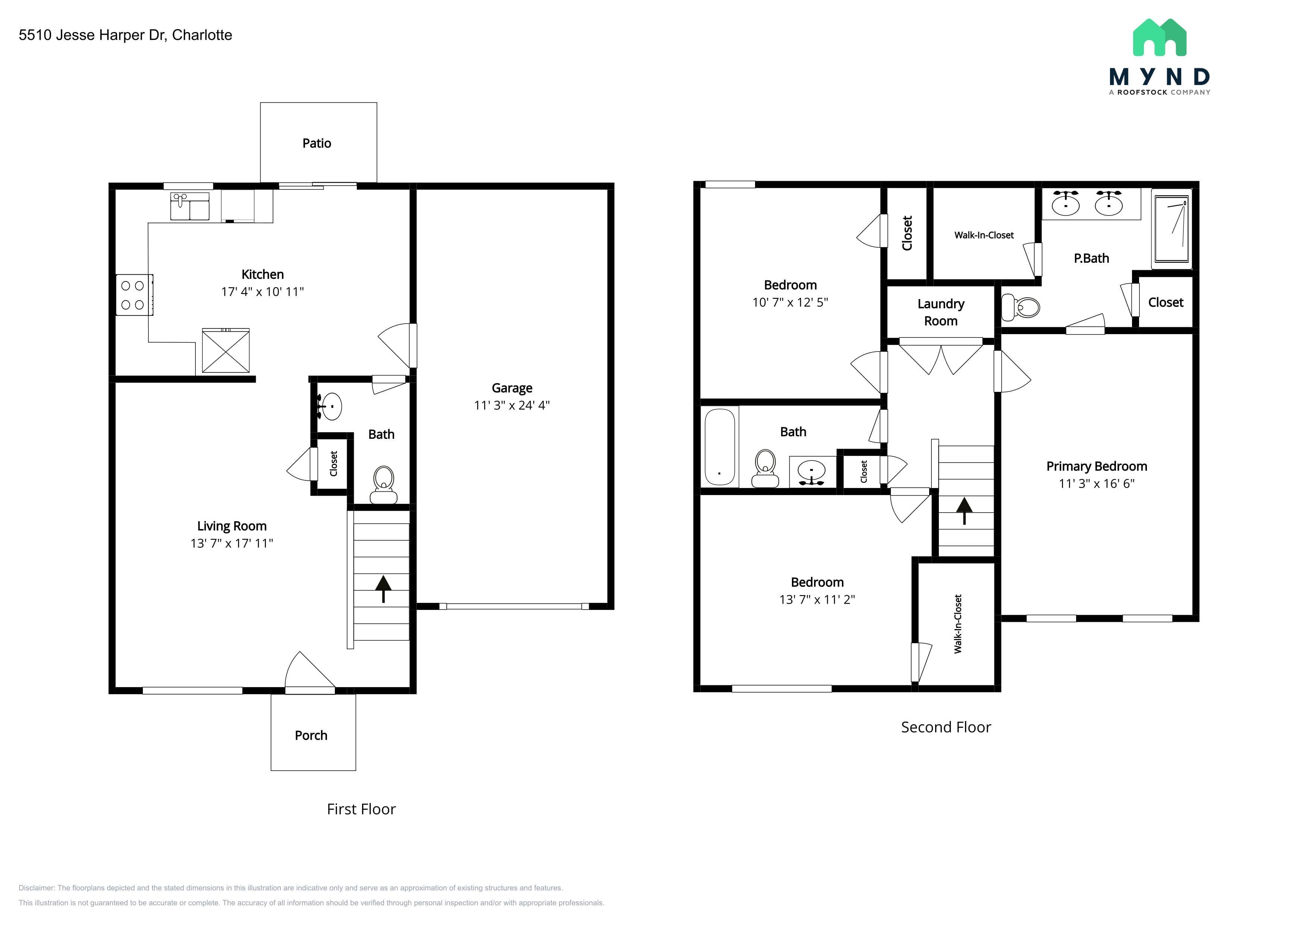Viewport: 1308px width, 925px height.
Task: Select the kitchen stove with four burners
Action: (x=135, y=295)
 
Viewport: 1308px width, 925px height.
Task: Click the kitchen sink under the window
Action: (x=190, y=206)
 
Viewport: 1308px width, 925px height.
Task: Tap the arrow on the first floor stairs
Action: (x=383, y=588)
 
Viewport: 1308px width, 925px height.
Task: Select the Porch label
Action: (x=311, y=735)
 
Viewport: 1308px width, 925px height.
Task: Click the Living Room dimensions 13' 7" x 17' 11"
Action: (x=232, y=543)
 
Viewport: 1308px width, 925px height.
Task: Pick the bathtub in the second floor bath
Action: (x=720, y=447)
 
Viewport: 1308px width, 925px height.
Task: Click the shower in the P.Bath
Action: (x=1171, y=229)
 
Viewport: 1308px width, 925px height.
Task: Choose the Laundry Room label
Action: (x=941, y=312)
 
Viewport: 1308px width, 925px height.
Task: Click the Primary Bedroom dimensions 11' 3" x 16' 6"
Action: (x=1097, y=484)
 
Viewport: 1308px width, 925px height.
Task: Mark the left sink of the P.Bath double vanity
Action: (x=1065, y=203)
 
